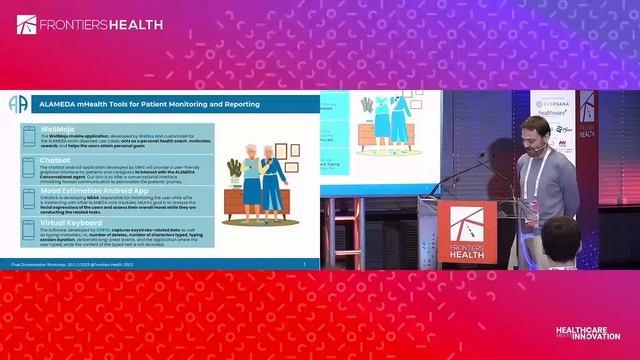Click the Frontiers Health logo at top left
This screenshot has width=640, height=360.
[76, 23]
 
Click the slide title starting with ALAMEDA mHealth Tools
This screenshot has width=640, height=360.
[149, 104]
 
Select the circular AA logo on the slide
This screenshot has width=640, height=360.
[17, 104]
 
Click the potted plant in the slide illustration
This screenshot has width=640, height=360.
[234, 171]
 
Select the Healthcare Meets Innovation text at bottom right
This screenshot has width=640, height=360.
[588, 332]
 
